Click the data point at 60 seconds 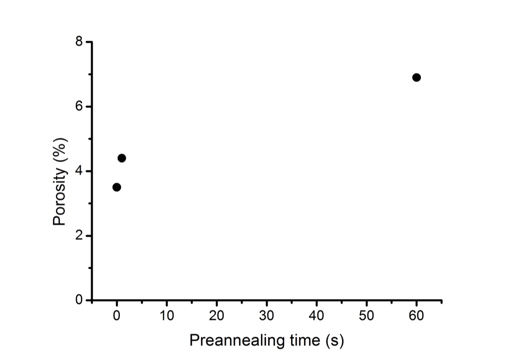(x=416, y=78)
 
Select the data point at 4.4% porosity (x=121, y=158)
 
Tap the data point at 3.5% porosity (x=116, y=188)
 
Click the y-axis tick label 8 (x=79, y=42)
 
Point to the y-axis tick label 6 (x=79, y=106)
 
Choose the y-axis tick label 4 (x=79, y=171)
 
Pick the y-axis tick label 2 (x=79, y=236)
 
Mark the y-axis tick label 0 (x=79, y=300)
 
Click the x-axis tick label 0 (x=117, y=315)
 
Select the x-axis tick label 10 (x=166, y=315)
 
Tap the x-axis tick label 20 (x=216, y=315)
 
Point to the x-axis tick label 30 (x=267, y=315)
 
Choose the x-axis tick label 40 (x=317, y=315)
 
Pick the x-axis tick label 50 (x=366, y=315)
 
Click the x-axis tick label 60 (x=416, y=315)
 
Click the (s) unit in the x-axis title (x=335, y=340)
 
